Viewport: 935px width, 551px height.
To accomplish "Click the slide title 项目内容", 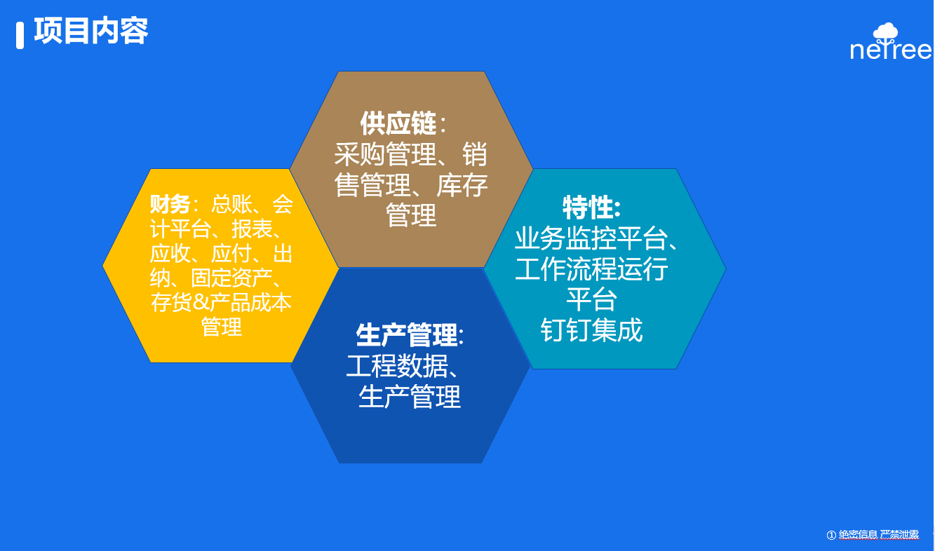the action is click(91, 31).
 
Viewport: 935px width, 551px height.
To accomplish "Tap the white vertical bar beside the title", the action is click(20, 36).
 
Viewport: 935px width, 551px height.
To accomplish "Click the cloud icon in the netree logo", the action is click(885, 32).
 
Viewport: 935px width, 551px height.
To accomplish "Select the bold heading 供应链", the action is click(398, 123).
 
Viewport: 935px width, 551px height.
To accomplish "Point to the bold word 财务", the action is click(170, 205).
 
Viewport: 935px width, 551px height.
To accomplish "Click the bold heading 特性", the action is click(588, 208).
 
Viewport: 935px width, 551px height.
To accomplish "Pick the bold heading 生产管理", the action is click(407, 335).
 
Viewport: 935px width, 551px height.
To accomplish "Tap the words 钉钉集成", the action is click(591, 330).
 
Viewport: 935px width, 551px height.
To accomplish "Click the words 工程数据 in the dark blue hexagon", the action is click(397, 366).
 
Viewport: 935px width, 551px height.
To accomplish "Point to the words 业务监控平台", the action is click(591, 238).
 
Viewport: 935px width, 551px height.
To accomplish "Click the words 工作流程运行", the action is click(591, 269).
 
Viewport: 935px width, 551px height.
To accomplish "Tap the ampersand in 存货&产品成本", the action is click(201, 302).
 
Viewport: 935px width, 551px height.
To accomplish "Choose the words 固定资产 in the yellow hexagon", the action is click(231, 278).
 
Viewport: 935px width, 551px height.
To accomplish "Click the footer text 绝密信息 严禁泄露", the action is click(879, 535).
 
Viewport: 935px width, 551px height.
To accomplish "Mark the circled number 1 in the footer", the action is click(831, 535).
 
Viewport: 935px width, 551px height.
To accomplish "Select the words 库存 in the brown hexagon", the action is click(462, 185).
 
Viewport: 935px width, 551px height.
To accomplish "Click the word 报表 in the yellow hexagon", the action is click(252, 229).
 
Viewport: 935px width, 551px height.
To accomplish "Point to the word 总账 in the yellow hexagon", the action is click(231, 205).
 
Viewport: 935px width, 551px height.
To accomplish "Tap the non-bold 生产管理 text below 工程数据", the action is click(410, 396).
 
